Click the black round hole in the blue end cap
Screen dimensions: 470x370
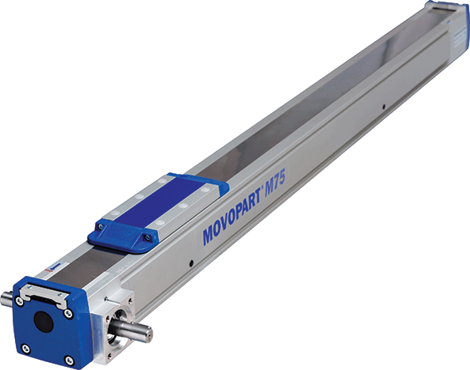[43, 322]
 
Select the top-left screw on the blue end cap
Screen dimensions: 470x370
[19, 301]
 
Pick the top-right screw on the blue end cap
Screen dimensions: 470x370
[69, 314]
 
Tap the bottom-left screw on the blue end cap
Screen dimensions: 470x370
[26, 349]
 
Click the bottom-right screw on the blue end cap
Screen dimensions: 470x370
[70, 360]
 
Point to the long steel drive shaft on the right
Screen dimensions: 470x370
[132, 329]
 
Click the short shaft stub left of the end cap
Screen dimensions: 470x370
[6, 299]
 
